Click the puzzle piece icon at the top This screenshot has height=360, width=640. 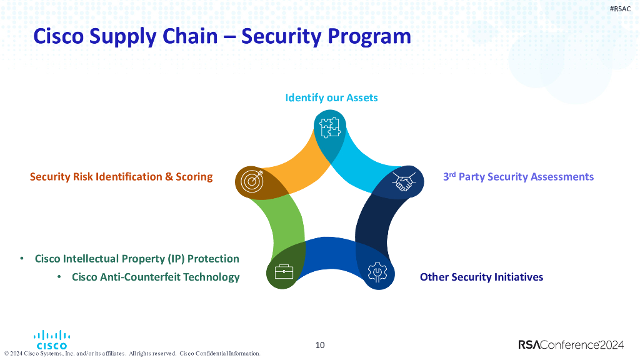point(329,127)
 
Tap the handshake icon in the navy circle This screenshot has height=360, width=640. point(403,182)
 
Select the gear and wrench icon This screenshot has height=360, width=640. point(377,272)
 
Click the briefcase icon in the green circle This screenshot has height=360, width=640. point(284,272)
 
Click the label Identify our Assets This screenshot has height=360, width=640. point(331,97)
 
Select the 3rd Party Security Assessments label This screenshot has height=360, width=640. point(518,177)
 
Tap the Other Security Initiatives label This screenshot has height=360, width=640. point(481,277)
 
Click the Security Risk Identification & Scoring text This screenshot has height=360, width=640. point(121,177)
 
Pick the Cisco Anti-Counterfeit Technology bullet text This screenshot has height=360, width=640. point(156,277)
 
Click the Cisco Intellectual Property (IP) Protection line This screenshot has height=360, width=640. point(137,259)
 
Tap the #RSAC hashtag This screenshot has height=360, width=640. point(620,8)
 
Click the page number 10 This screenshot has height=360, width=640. point(320,345)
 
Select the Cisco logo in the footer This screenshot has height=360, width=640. point(52,339)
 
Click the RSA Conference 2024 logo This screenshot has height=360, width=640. point(571,345)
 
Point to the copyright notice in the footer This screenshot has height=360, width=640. point(132,354)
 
